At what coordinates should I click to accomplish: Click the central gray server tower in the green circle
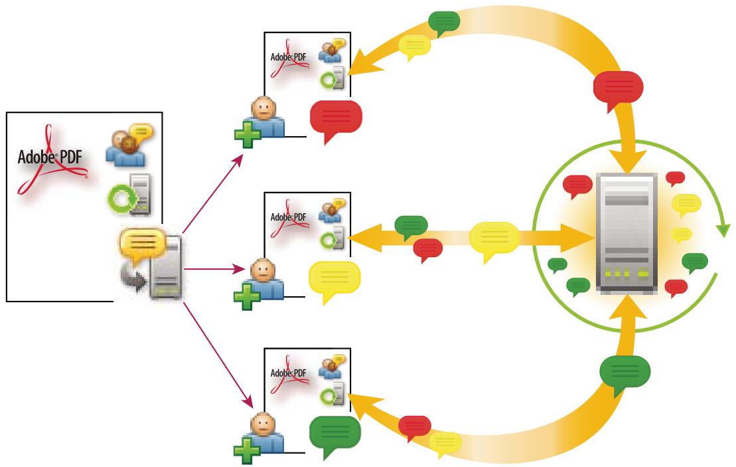pyautogui.click(x=626, y=232)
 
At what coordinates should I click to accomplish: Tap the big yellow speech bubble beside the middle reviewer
pyautogui.click(x=335, y=278)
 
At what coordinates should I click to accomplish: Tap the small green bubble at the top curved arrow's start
pyautogui.click(x=444, y=21)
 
